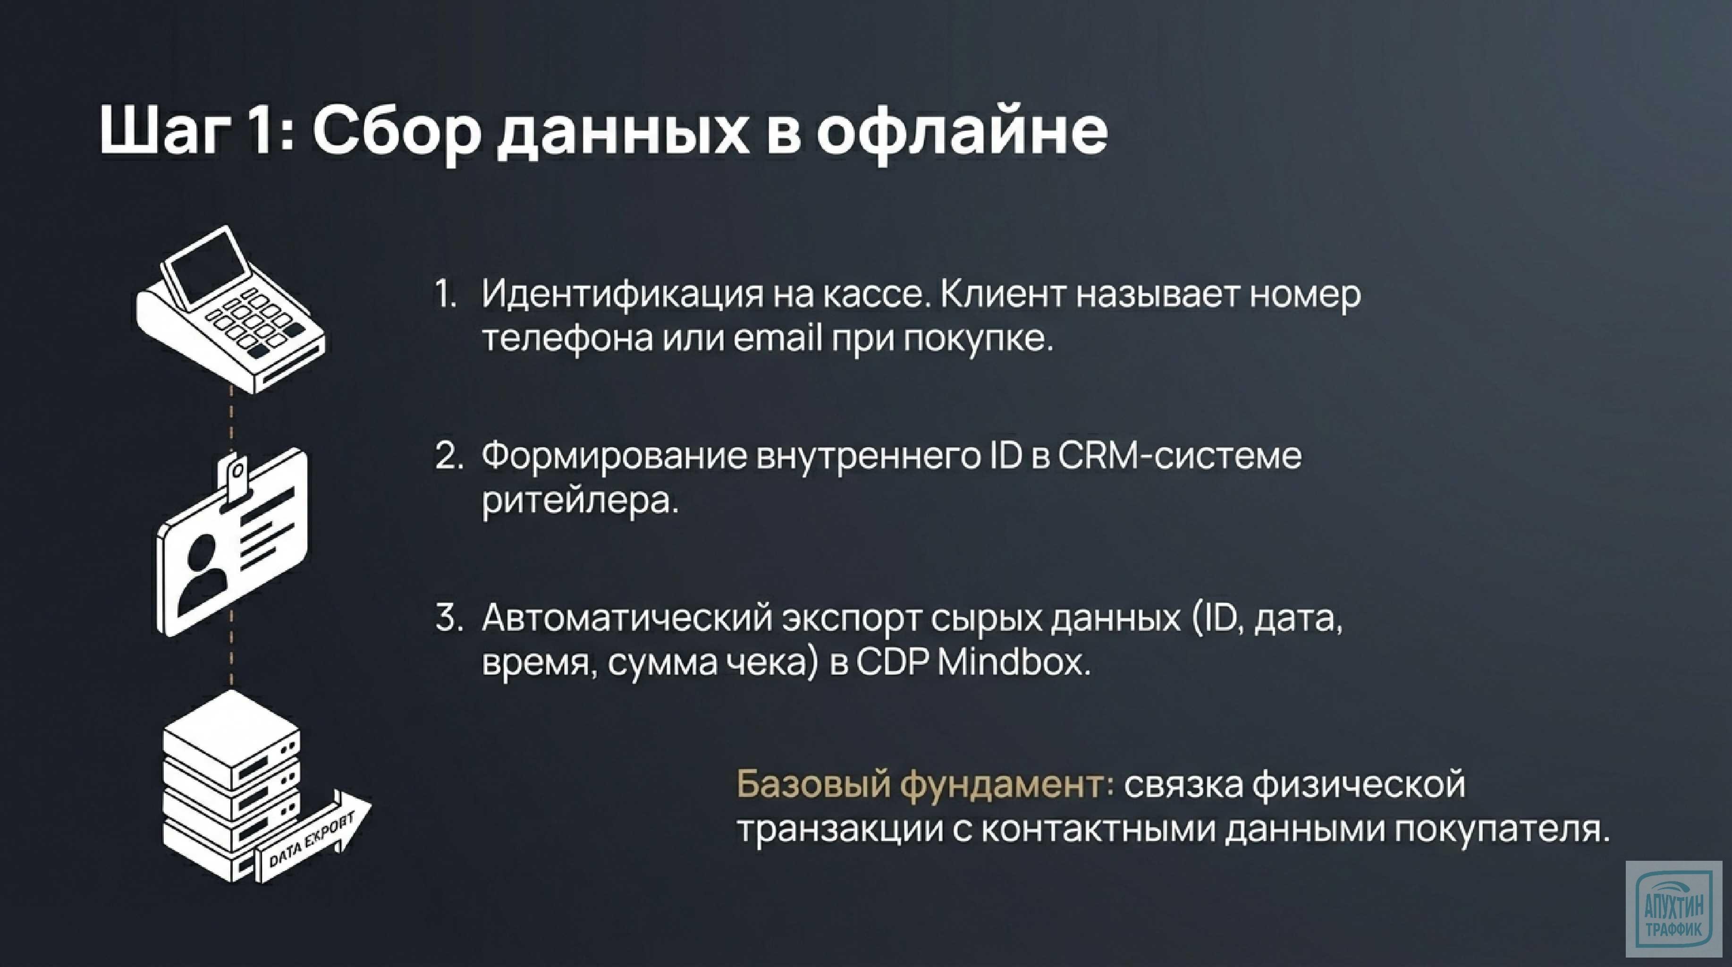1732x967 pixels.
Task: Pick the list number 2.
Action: (x=448, y=456)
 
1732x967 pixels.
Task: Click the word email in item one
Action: (x=778, y=338)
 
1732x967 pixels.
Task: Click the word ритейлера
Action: (x=580, y=500)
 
